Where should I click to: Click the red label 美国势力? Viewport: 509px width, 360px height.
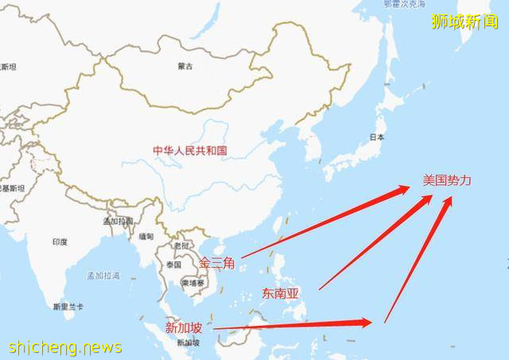pos(447,181)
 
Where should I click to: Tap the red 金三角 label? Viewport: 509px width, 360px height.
pos(216,263)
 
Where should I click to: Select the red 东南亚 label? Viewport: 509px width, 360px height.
pos(280,294)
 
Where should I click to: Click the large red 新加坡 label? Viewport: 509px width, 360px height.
pos(185,327)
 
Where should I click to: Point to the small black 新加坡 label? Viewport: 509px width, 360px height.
pos(188,343)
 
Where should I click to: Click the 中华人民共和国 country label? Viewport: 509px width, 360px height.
pos(191,149)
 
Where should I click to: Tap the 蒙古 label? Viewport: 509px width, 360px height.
pos(185,67)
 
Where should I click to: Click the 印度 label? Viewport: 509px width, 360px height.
pos(60,242)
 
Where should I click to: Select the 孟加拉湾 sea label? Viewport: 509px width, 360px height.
pos(103,275)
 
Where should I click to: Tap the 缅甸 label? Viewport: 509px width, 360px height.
pos(146,237)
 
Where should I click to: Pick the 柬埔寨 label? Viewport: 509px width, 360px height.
pos(193,282)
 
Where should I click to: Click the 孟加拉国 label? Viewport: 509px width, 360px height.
pos(117,221)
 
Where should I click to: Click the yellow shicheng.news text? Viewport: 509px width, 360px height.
pos(65,347)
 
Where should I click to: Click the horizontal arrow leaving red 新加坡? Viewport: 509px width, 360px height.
pos(294,324)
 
